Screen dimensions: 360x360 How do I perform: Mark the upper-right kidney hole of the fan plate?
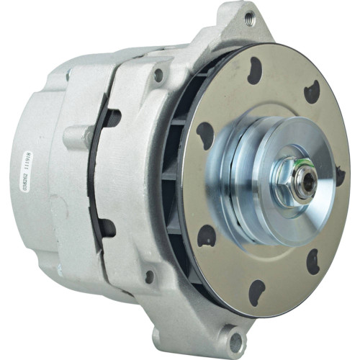coord(311,91)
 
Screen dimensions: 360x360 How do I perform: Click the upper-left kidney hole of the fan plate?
coord(205,133)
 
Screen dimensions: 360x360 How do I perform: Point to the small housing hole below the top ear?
coord(158,73)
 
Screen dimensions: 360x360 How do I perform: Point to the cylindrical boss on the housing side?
coord(77,137)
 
